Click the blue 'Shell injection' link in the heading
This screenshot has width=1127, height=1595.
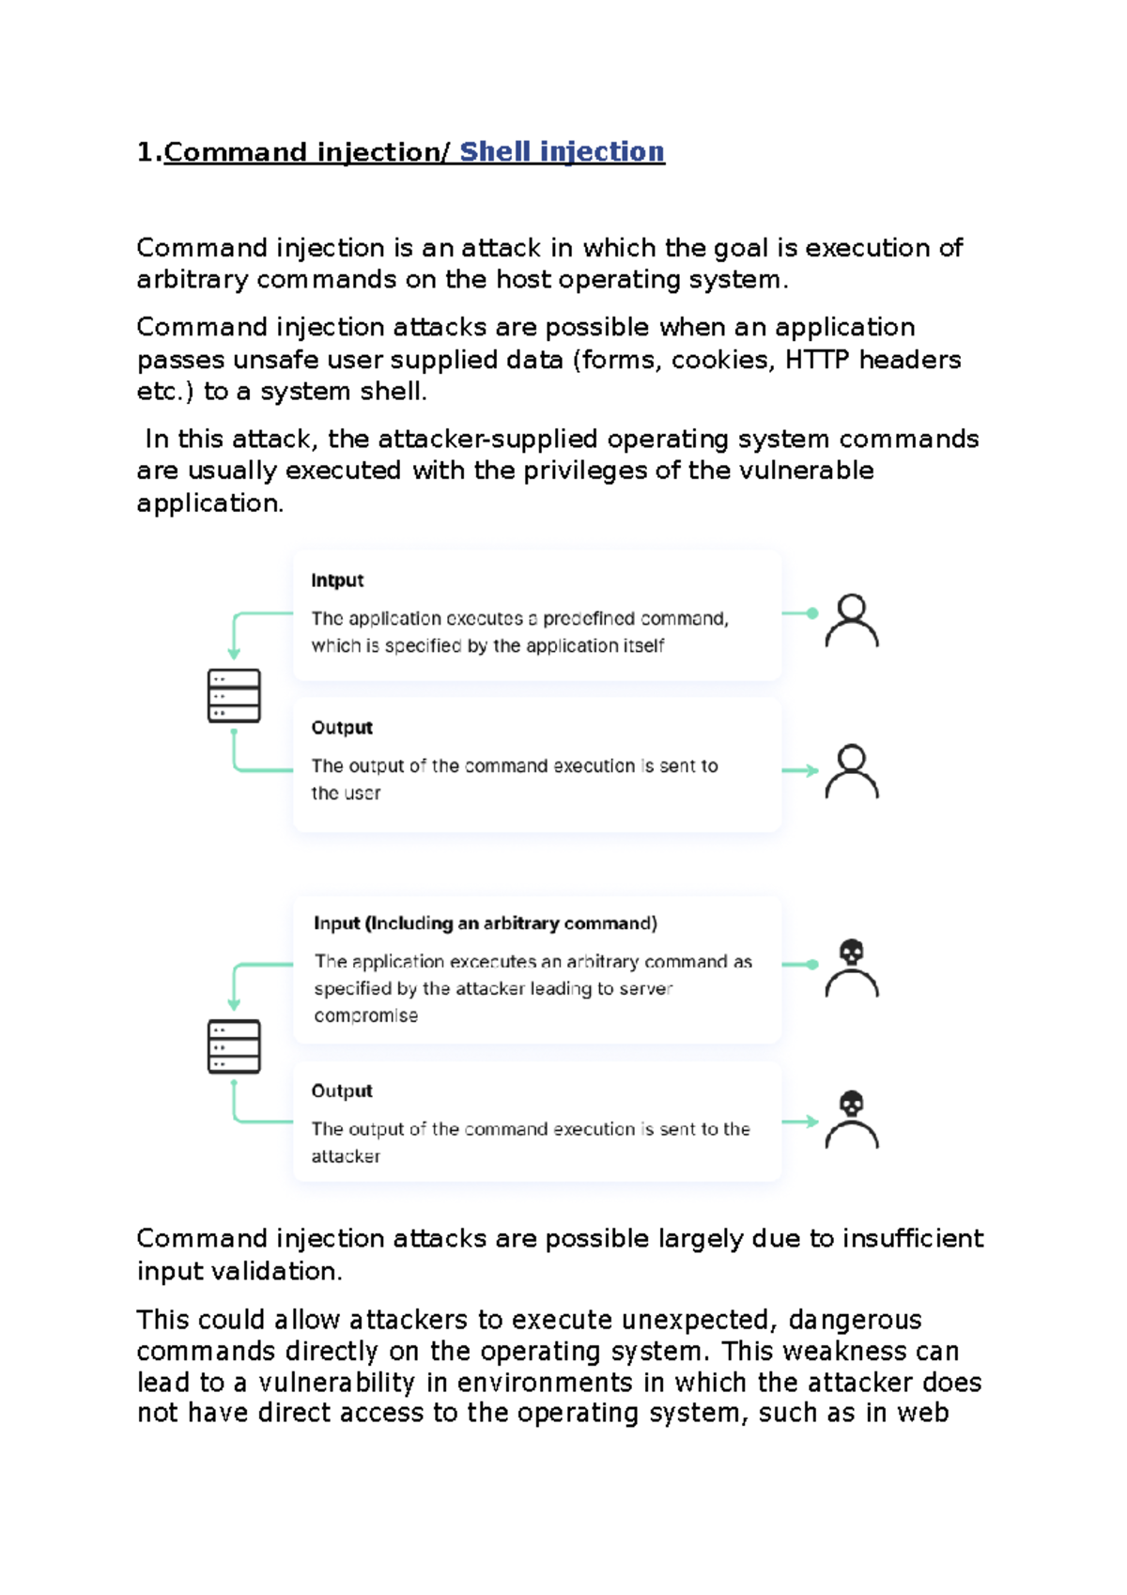click(x=562, y=152)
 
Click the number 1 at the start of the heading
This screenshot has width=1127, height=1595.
click(x=145, y=152)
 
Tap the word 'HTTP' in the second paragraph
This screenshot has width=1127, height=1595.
click(x=817, y=360)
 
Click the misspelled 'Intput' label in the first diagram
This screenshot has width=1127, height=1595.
click(x=337, y=581)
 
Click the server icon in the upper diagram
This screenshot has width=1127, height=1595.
click(x=234, y=696)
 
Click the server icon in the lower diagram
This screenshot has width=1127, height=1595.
click(x=234, y=1046)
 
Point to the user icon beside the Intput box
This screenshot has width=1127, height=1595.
click(x=852, y=621)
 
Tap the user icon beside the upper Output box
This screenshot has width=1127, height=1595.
click(x=852, y=772)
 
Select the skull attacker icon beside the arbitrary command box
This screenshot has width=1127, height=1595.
click(x=852, y=968)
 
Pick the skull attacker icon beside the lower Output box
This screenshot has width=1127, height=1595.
click(x=852, y=1120)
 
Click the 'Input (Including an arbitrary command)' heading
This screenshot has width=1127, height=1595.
click(x=486, y=923)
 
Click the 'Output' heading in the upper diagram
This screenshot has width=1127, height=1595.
click(x=342, y=728)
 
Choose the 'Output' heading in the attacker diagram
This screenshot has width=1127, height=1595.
click(x=342, y=1092)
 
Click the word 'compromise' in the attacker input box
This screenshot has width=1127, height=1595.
click(x=366, y=1015)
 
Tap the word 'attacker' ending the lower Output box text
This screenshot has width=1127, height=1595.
click(x=346, y=1156)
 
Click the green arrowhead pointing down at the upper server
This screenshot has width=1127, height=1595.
click(x=234, y=653)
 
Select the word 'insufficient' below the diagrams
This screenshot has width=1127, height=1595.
click(x=913, y=1239)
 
